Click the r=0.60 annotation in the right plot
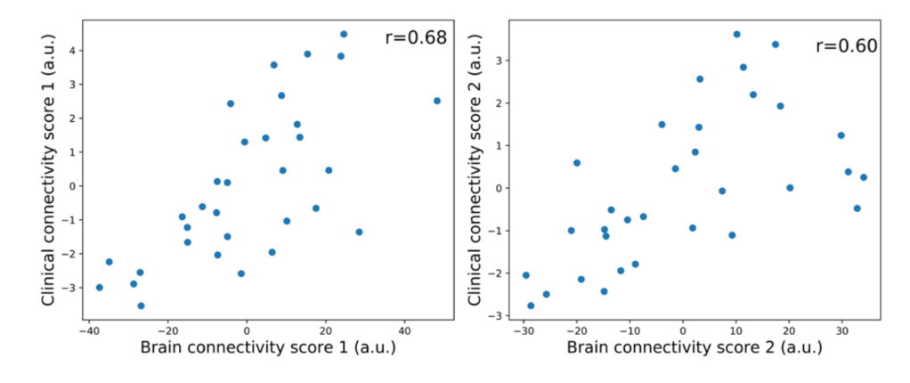point(846,45)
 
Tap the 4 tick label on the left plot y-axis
point(71,51)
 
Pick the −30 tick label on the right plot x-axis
point(523,329)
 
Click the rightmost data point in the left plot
point(436,101)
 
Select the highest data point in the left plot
point(344,34)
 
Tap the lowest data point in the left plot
point(141,306)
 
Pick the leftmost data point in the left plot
point(99,287)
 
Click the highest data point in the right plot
point(736,34)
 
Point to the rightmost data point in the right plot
point(863,177)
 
